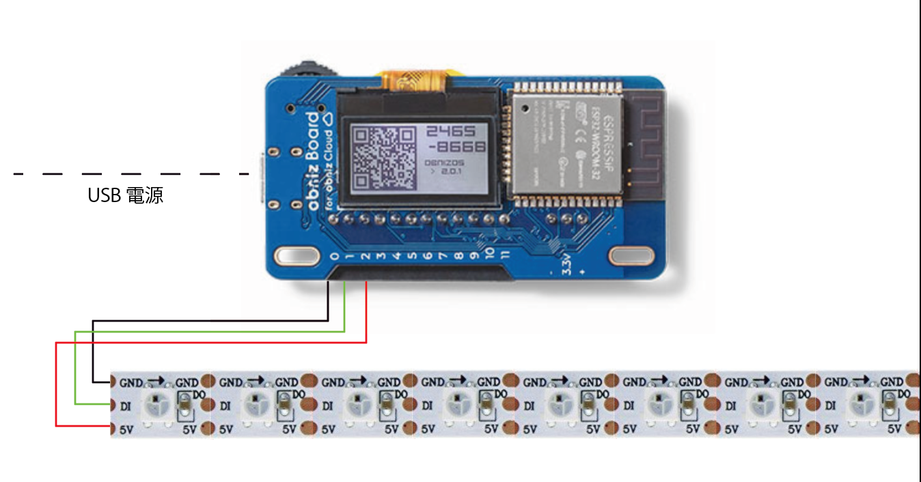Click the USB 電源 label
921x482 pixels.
pyautogui.click(x=125, y=196)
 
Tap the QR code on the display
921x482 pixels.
pyautogui.click(x=383, y=158)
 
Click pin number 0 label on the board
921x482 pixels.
pyautogui.click(x=333, y=257)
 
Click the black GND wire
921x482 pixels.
pyautogui.click(x=205, y=320)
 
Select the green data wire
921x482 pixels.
pyautogui.click(x=205, y=331)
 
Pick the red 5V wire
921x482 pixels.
pyautogui.click(x=205, y=343)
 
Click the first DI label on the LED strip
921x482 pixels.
pyautogui.click(x=127, y=406)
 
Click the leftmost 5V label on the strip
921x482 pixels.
pyautogui.click(x=128, y=429)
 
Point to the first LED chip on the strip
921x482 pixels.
pyautogui.click(x=156, y=406)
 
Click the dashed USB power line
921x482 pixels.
pyautogui.click(x=130, y=174)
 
